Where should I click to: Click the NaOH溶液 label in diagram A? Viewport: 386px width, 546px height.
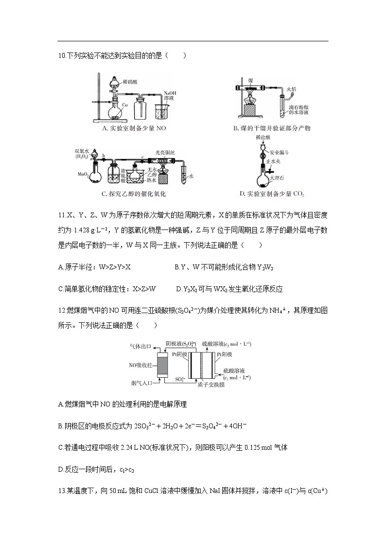[170, 95]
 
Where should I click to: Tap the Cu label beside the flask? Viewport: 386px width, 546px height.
[125, 105]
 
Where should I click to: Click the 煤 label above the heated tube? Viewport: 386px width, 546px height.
[250, 79]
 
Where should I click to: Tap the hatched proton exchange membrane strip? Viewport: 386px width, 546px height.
[202, 365]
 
